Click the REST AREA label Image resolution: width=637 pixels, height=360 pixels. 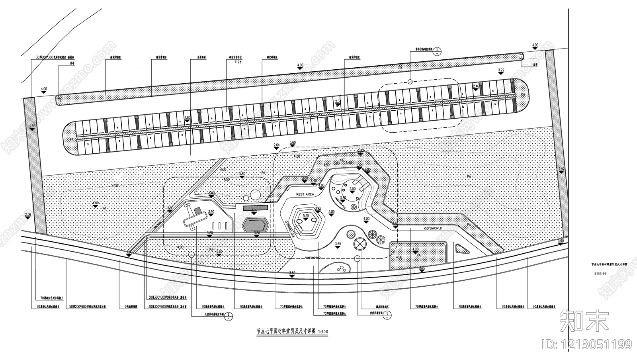(305, 194)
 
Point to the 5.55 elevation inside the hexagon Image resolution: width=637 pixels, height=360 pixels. (306, 215)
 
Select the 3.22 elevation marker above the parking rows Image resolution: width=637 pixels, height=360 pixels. (501, 70)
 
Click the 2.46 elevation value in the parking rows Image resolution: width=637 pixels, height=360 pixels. (476, 86)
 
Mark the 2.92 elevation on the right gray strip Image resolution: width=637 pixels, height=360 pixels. (562, 169)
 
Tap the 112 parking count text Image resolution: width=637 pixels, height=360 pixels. (238, 63)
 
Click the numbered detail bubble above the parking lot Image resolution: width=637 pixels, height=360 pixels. (437, 51)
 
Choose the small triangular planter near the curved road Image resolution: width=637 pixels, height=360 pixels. (461, 249)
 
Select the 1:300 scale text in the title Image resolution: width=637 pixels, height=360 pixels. (323, 331)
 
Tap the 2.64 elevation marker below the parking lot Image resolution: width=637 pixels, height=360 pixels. (277, 145)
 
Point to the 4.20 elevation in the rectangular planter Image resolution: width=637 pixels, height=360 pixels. (415, 249)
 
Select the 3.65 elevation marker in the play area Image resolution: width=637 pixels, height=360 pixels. (338, 244)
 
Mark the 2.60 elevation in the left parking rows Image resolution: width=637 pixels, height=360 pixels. (188, 117)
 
